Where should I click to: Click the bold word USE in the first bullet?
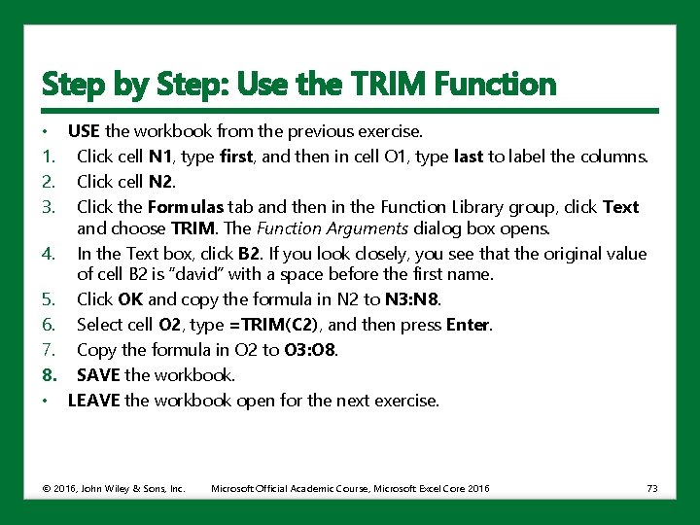pos(84,131)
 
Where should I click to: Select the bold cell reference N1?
pos(160,157)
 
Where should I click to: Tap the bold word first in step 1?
pos(236,157)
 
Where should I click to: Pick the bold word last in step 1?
pos(469,157)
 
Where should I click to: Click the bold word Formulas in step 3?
pos(186,207)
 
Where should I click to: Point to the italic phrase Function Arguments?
pos(332,228)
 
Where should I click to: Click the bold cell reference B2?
pos(249,254)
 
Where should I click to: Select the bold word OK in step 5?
pos(130,299)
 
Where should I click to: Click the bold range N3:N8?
pos(411,299)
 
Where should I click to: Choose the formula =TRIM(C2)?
pos(273,325)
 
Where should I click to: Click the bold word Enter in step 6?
pos(468,325)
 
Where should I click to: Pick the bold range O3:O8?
pos(310,350)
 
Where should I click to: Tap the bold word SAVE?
pos(98,375)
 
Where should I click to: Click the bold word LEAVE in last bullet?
pos(93,401)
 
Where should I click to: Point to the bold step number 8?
pos(50,375)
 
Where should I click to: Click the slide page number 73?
pos(652,488)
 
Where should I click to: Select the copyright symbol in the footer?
pos(46,488)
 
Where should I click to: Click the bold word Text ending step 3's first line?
pos(620,207)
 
